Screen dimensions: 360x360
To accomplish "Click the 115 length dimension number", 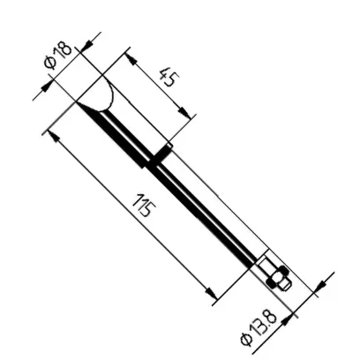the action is (x=144, y=205).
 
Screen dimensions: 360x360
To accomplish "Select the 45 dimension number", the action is (x=169, y=76).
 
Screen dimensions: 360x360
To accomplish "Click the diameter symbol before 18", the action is (x=49, y=63).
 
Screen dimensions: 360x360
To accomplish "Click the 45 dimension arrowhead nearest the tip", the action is (x=131, y=58).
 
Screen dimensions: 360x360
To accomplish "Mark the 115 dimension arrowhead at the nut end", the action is (x=211, y=293).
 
